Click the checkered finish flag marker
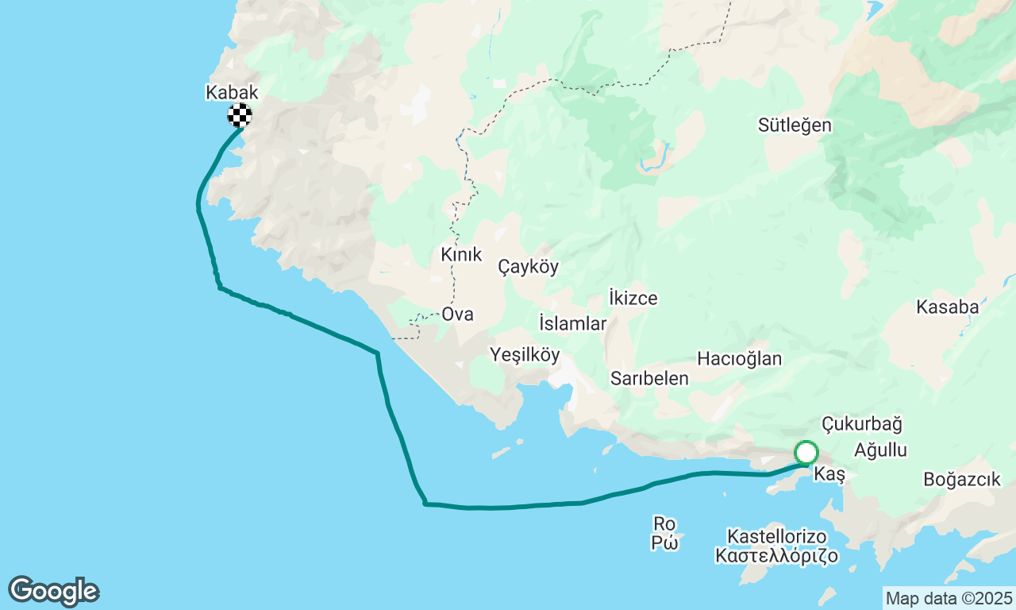(x=240, y=115)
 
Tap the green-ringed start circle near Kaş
(x=806, y=453)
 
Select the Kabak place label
(x=232, y=92)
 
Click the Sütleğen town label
(x=795, y=125)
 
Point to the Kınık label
(x=461, y=255)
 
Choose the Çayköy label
(x=528, y=267)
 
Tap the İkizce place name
(x=633, y=299)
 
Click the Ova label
(x=457, y=315)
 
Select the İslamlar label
(x=572, y=323)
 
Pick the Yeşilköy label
(x=525, y=355)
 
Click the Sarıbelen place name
(x=649, y=379)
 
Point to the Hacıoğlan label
(x=739, y=359)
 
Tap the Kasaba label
(x=947, y=307)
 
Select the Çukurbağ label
(x=861, y=424)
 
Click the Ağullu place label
(x=880, y=450)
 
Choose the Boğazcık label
(x=962, y=480)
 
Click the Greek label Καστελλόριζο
(x=776, y=556)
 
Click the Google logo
(x=53, y=592)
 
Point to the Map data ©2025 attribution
(x=949, y=598)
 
